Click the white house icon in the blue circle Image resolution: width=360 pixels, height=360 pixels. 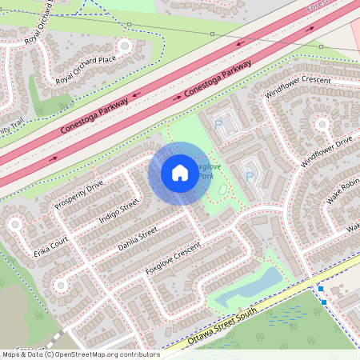point(180,172)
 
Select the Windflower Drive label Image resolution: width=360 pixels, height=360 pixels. point(326,151)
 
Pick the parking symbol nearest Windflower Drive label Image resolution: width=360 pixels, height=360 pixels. point(250,175)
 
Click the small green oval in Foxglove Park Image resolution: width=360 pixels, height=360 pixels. point(222,191)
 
